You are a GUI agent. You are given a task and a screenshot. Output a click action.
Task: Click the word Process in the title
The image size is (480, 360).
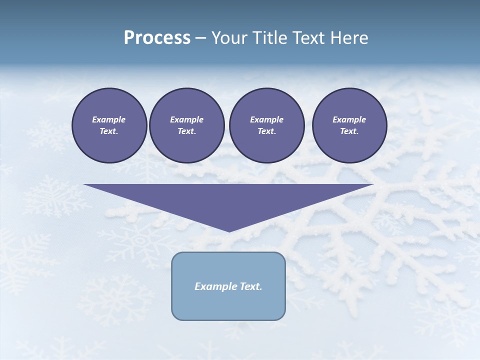pos(157,38)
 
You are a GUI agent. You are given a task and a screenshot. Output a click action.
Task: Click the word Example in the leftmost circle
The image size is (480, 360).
pos(109,119)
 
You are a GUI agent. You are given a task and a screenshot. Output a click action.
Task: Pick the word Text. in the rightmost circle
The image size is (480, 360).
pos(349,131)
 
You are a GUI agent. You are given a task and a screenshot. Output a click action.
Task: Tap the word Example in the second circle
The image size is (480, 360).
pos(186,119)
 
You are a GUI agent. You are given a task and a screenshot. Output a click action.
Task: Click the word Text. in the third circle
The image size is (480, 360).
pos(266,131)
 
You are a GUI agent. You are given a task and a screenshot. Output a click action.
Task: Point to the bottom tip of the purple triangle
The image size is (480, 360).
pos(229,230)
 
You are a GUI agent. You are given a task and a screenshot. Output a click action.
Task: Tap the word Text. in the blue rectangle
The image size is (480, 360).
pos(251,286)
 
